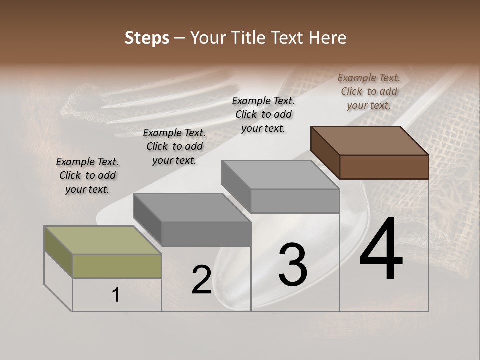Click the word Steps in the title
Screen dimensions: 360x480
pos(147,38)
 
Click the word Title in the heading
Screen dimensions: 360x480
pos(249,38)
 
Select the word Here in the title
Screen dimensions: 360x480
pos(327,38)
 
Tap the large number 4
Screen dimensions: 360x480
pos(381,250)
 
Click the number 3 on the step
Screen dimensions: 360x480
pos(293,265)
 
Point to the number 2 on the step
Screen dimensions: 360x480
pos(202,280)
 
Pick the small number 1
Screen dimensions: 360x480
pos(116,295)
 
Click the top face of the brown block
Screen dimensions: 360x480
pos(369,140)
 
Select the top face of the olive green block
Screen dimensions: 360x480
pos(103,240)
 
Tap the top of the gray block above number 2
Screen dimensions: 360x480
pos(192,207)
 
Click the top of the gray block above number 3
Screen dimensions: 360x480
pos(280,175)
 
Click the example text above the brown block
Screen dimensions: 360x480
pos(369,91)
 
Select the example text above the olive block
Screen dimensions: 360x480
pos(87,175)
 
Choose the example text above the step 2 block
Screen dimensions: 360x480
pos(174,146)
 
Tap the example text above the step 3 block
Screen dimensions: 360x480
pos(263,114)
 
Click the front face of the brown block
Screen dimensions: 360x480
pos(384,167)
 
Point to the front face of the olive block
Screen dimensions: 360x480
pos(117,266)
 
